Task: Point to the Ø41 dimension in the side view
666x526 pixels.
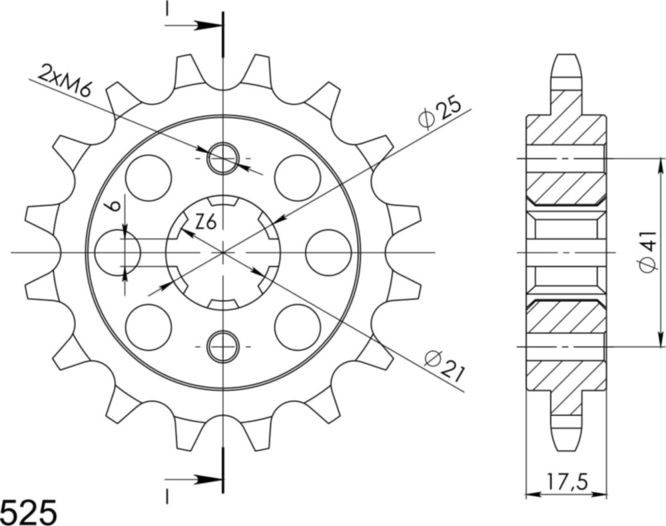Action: (648, 251)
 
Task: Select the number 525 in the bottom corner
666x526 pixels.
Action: (28, 511)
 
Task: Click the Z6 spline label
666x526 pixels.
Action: (205, 223)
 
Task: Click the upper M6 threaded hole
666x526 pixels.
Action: (222, 159)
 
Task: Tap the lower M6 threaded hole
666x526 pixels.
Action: (222, 347)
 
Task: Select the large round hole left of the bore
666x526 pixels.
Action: (117, 253)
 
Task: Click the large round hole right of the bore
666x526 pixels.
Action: (328, 253)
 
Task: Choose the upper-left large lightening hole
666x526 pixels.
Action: (148, 177)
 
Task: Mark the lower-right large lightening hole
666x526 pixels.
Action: (297, 327)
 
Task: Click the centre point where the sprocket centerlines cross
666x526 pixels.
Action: (223, 253)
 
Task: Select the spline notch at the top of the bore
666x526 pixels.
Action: (223, 201)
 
